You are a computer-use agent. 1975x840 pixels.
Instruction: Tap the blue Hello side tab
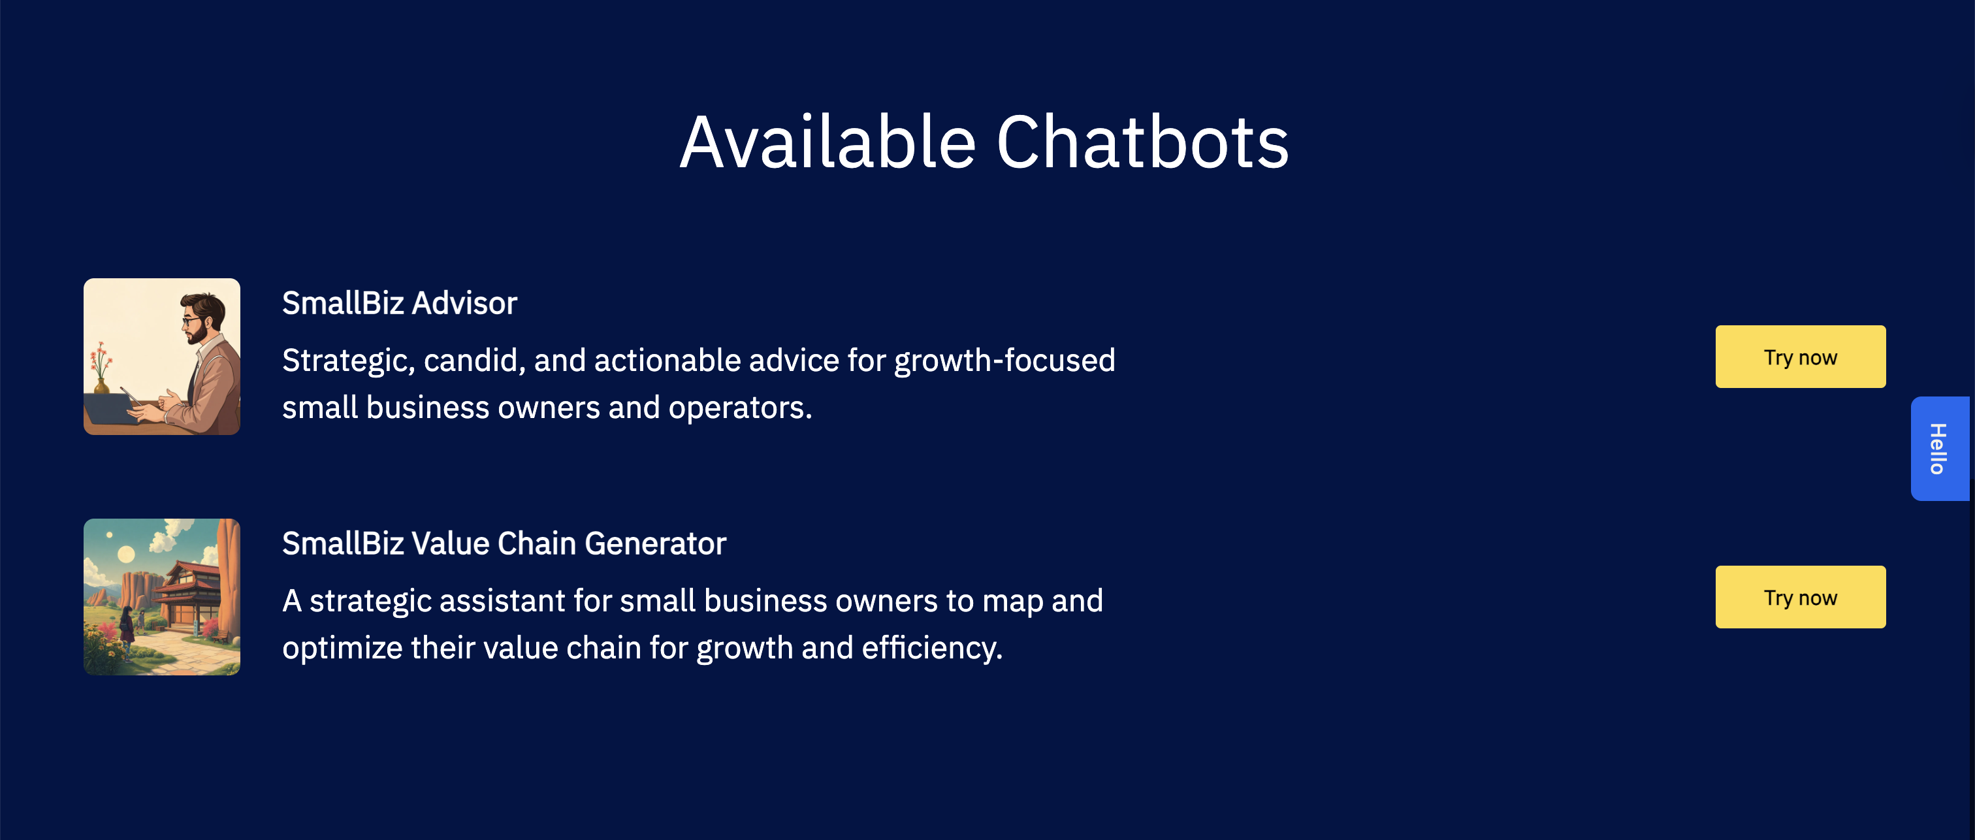point(1940,449)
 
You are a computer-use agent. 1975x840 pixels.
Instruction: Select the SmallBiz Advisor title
point(400,303)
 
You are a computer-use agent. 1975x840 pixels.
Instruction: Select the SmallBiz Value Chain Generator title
point(504,543)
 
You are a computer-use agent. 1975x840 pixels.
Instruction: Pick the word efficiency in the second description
point(931,648)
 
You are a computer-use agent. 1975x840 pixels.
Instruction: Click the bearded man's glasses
point(191,320)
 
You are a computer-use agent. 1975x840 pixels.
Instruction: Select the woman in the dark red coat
point(127,628)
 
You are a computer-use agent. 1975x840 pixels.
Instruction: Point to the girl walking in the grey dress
point(141,621)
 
